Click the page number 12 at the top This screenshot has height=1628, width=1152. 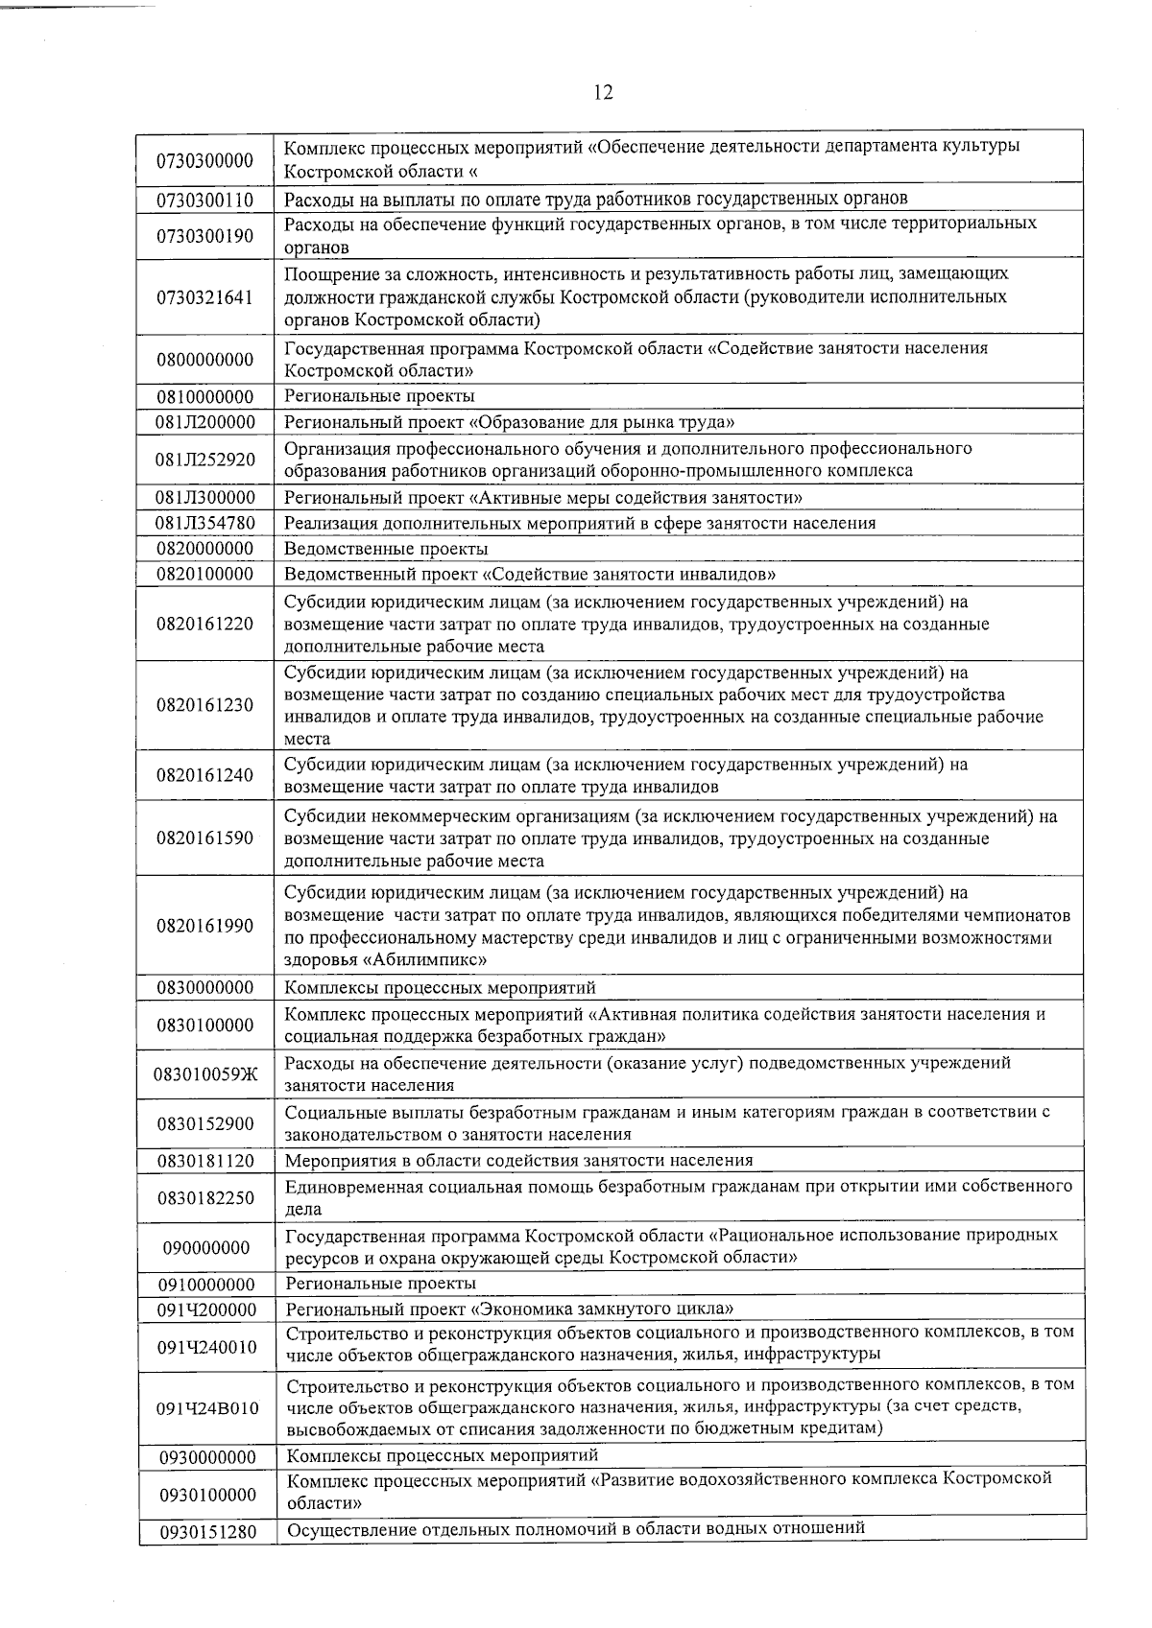click(x=603, y=92)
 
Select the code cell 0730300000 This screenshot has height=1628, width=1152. click(x=204, y=160)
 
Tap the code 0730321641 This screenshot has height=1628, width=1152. click(x=204, y=297)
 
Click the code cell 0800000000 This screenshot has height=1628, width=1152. click(x=204, y=360)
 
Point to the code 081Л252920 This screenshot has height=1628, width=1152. click(x=204, y=460)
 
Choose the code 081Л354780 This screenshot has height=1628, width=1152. click(x=204, y=523)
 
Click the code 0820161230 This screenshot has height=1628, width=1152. click(x=204, y=705)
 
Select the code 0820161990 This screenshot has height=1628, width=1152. click(x=204, y=926)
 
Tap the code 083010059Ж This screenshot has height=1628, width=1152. click(x=204, y=1074)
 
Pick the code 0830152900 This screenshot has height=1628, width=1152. click(x=204, y=1123)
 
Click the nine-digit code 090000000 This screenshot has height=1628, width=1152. click(x=204, y=1248)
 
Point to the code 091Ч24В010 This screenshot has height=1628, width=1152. click(x=206, y=1408)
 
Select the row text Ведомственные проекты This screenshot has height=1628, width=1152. click(x=386, y=549)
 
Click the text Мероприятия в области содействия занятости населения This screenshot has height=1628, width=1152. click(x=518, y=1160)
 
